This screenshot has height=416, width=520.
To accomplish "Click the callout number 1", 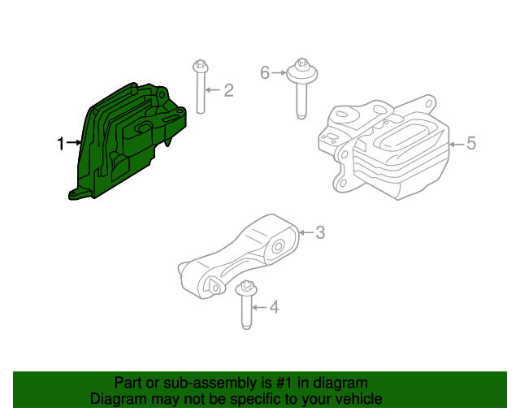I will point(60,144).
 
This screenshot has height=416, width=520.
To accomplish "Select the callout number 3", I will point(319,233).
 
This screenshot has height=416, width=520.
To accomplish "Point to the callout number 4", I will point(274,308).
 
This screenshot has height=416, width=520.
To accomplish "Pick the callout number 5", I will point(471,144).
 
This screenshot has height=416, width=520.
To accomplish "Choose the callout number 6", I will point(264,73).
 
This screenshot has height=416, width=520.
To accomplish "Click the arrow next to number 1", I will point(74,144).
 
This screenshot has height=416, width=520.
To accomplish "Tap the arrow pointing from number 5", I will point(457,144).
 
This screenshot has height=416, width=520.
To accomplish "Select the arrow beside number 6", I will point(277,73).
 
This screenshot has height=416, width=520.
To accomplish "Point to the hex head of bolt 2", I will point(199,64).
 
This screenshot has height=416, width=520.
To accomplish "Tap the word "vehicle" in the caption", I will point(357,399).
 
